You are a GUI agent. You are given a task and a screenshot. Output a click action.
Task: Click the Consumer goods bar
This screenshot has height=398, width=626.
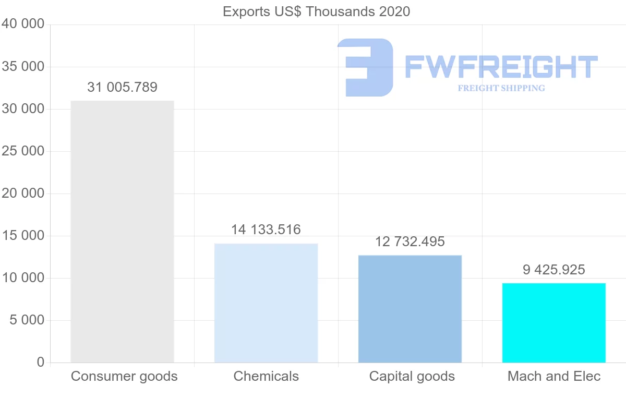pos(122,232)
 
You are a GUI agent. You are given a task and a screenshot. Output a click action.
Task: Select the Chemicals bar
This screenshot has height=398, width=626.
pos(266,303)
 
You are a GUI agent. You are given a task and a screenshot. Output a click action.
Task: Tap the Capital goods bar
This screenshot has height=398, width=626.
pos(410,309)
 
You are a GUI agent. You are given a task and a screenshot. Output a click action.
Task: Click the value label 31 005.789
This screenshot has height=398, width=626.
pos(122,87)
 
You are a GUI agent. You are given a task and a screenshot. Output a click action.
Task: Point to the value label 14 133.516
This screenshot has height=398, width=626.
pos(266,230)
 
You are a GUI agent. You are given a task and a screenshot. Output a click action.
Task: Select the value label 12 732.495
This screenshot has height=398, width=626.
pos(410,242)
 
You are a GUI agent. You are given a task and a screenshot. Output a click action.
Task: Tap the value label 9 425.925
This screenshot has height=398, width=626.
pos(554,270)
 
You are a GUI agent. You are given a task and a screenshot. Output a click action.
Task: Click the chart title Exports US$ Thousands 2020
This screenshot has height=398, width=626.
pos(316,11)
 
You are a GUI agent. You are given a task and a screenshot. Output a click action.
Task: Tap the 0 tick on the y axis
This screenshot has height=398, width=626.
pos(41,362)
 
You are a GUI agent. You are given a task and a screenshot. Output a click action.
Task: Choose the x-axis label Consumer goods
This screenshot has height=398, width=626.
pos(124,376)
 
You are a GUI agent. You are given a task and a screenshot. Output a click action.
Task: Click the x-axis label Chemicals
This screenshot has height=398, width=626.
pos(266,376)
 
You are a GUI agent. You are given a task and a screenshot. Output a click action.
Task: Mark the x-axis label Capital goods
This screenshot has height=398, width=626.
pos(412,376)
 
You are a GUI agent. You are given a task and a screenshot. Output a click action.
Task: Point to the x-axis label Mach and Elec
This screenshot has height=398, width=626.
pos(554,376)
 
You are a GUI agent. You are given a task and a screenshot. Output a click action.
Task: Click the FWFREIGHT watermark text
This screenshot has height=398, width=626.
pos(501,67)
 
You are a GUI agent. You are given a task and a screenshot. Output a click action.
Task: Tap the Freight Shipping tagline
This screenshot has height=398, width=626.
pos(501,88)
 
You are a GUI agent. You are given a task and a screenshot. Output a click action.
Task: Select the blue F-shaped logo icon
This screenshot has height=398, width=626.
pos(365,67)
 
